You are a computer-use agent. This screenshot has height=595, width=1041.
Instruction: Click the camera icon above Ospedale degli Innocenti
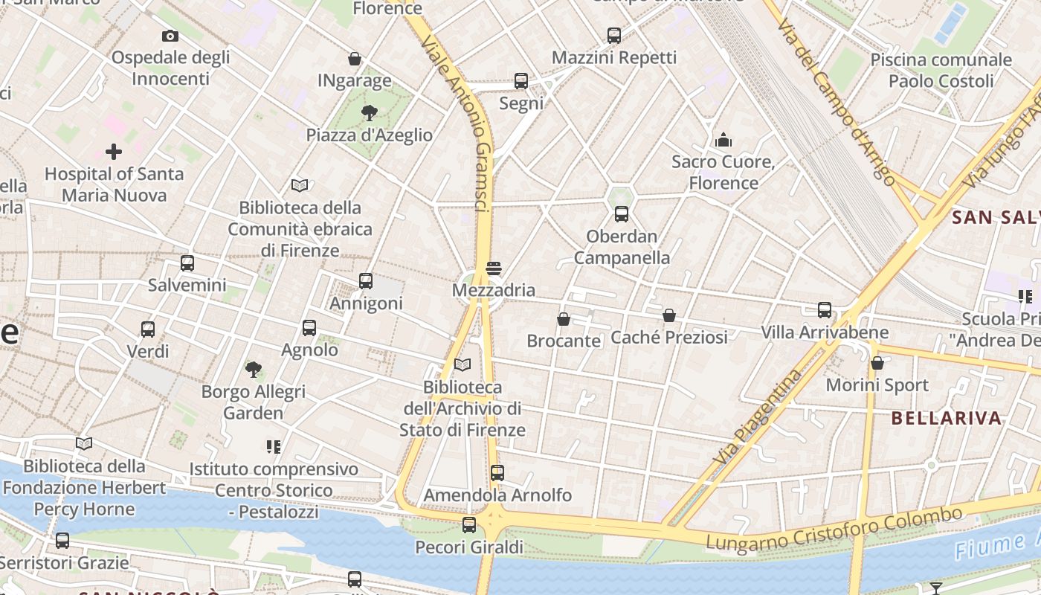point(170,36)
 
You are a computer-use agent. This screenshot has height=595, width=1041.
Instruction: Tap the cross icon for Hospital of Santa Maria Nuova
point(114,152)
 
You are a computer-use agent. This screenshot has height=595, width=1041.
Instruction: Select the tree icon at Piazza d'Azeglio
point(369,113)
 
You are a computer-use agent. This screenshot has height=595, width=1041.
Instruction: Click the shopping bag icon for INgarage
point(355,59)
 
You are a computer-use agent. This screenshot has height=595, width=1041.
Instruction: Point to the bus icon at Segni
point(521,81)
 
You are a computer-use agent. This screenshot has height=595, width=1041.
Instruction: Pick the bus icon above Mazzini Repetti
point(614,35)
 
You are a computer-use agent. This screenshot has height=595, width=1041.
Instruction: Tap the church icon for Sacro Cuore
point(723,140)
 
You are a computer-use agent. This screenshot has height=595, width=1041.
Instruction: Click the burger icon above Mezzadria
point(494,268)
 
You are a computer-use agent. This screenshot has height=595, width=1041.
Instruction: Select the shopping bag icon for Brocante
point(564,319)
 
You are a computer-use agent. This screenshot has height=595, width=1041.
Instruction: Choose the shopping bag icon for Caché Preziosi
point(669,315)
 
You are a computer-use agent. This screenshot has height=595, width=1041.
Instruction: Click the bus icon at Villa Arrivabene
point(825,310)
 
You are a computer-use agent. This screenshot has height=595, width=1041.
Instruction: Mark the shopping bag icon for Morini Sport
point(877,363)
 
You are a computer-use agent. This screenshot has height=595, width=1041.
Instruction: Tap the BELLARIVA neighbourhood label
point(946,418)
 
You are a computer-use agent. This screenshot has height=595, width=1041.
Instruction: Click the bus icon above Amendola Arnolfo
point(497,473)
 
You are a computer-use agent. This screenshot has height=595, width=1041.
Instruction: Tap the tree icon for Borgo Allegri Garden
point(254,369)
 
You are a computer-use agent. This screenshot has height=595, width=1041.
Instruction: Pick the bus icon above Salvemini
point(187,263)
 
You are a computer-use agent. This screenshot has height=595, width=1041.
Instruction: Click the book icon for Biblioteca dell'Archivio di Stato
point(463,364)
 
